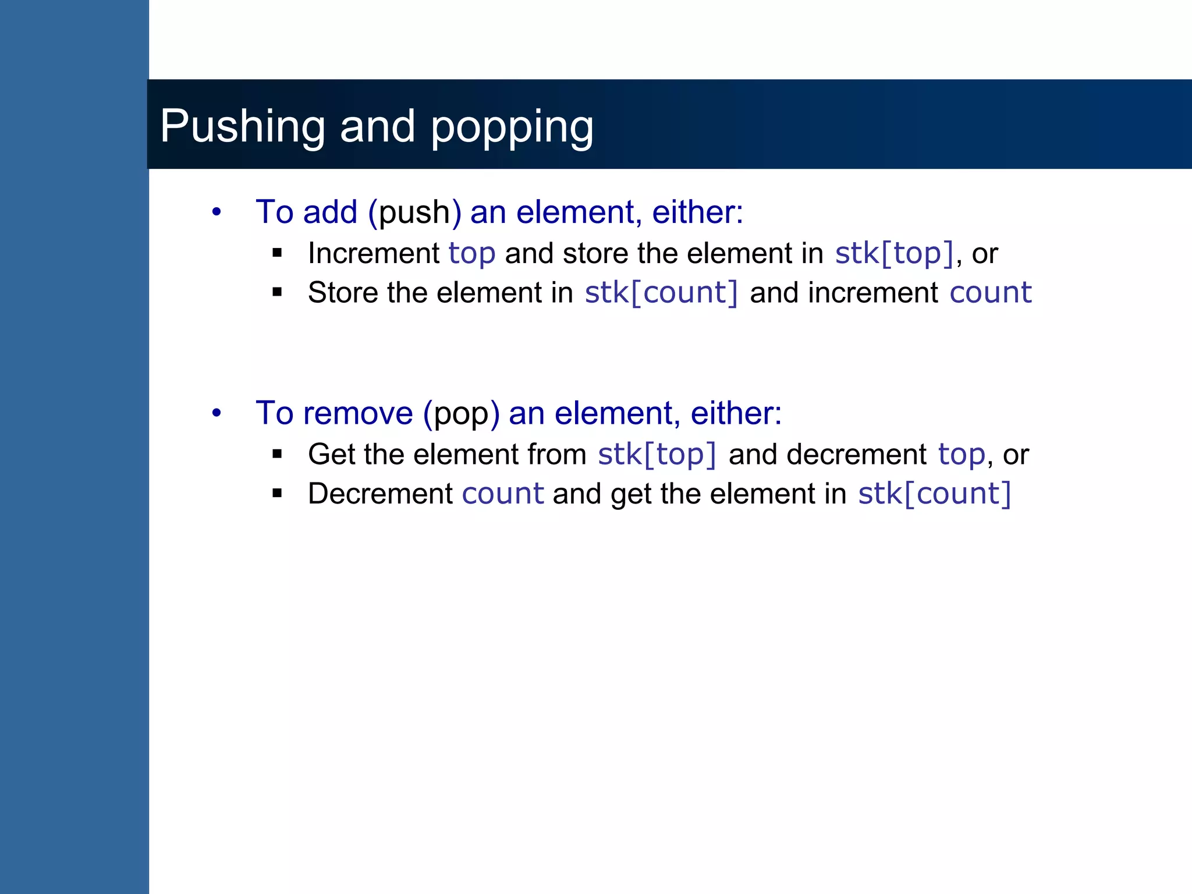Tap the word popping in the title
coord(512,126)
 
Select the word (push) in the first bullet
coord(415,212)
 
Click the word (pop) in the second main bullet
coord(462,413)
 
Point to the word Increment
coord(374,254)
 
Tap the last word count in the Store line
coord(991,292)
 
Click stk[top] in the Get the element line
coord(657,455)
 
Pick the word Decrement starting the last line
coord(380,494)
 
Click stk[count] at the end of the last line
coord(935,494)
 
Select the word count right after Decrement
coord(503,494)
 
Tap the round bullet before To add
coord(217,212)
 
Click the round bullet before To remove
coord(217,413)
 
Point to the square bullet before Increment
coord(277,253)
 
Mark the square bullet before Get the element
coord(277,454)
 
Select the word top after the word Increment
coord(472,254)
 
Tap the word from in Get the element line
coord(557,455)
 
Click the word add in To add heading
coord(330,212)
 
